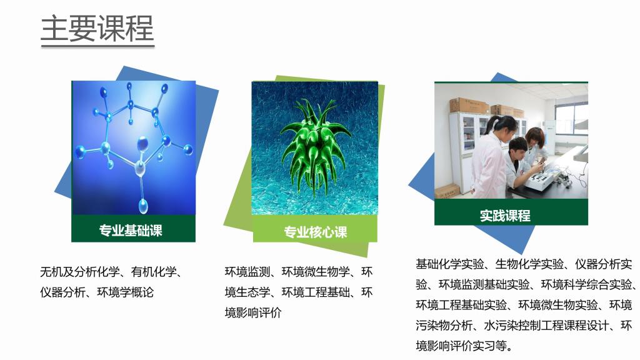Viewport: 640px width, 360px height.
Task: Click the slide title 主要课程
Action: coord(97,28)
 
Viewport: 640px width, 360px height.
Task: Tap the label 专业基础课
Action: coord(131,230)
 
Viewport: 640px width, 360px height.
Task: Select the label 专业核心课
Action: coord(316,232)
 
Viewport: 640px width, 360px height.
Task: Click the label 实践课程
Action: coord(505,215)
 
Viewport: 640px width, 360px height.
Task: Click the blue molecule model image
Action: coord(134,147)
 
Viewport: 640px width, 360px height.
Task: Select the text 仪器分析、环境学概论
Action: coord(97,292)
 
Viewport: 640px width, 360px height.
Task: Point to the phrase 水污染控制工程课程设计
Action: coord(546,325)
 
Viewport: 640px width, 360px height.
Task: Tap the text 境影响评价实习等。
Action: coord(464,346)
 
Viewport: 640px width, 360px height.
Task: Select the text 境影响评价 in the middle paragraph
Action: coord(253,312)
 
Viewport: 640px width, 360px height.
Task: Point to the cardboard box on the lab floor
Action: coord(447,191)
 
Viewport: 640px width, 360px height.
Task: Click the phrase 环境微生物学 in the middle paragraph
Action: coord(316,272)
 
